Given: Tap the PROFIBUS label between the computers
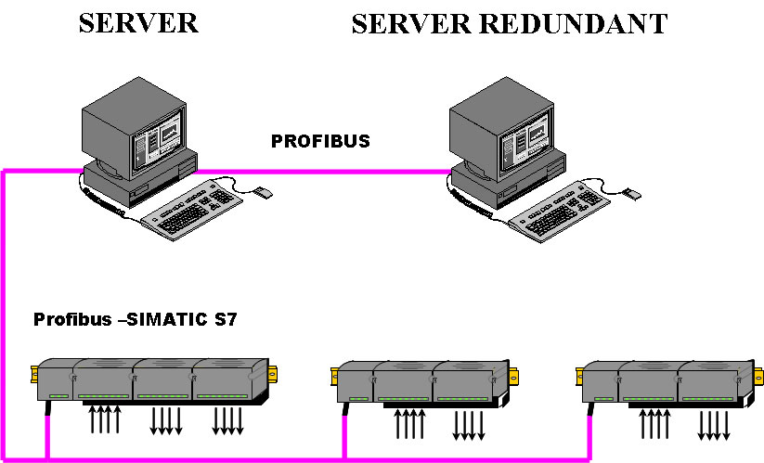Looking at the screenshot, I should point(320,142).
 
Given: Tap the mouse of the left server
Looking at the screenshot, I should point(263,193).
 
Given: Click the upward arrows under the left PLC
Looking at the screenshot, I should point(105,418).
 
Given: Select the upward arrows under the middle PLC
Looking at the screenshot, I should point(410,423).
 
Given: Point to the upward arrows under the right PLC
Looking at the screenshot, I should point(655,423).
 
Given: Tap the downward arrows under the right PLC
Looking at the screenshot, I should point(714,425).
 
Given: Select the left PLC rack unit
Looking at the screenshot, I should point(149,380).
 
